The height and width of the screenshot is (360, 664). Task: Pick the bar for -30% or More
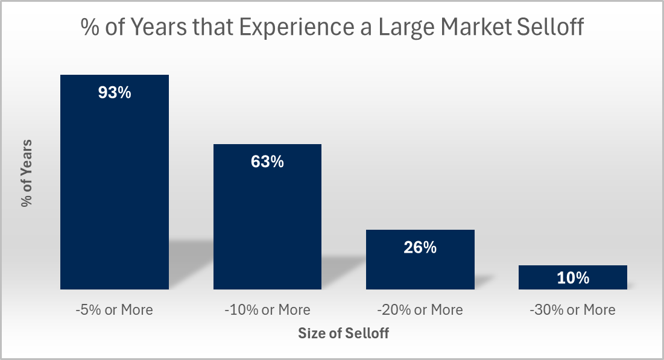click(x=573, y=277)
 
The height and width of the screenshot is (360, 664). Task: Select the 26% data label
click(x=420, y=247)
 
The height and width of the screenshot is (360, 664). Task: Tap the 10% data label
click(x=573, y=278)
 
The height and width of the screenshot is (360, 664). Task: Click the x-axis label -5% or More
click(x=114, y=310)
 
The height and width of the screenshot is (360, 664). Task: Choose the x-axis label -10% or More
click(x=267, y=310)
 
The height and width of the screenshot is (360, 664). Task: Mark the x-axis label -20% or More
click(x=420, y=310)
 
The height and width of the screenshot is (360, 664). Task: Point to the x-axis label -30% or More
click(x=573, y=310)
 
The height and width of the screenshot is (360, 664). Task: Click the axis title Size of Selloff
click(x=343, y=333)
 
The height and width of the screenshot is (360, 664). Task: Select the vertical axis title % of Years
click(x=27, y=173)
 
